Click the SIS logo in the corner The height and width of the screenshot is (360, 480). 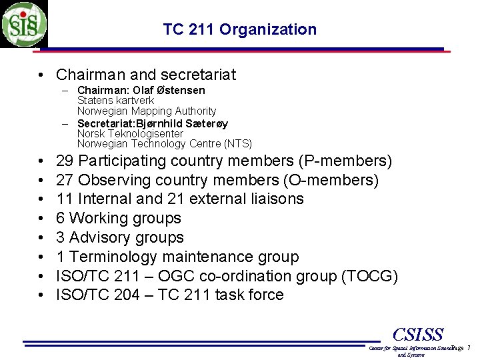point(24,24)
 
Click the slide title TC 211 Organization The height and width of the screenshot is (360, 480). point(239,29)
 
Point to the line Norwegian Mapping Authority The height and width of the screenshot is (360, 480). point(147,111)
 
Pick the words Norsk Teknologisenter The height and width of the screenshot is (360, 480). point(130,133)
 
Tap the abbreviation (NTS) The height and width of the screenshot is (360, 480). point(238,143)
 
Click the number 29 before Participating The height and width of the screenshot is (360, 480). point(65,161)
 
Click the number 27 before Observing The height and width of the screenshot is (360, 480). point(65,180)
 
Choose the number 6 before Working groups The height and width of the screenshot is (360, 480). point(61,218)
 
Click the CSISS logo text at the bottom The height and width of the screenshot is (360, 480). point(419,334)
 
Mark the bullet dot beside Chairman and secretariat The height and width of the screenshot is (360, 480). point(41,75)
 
